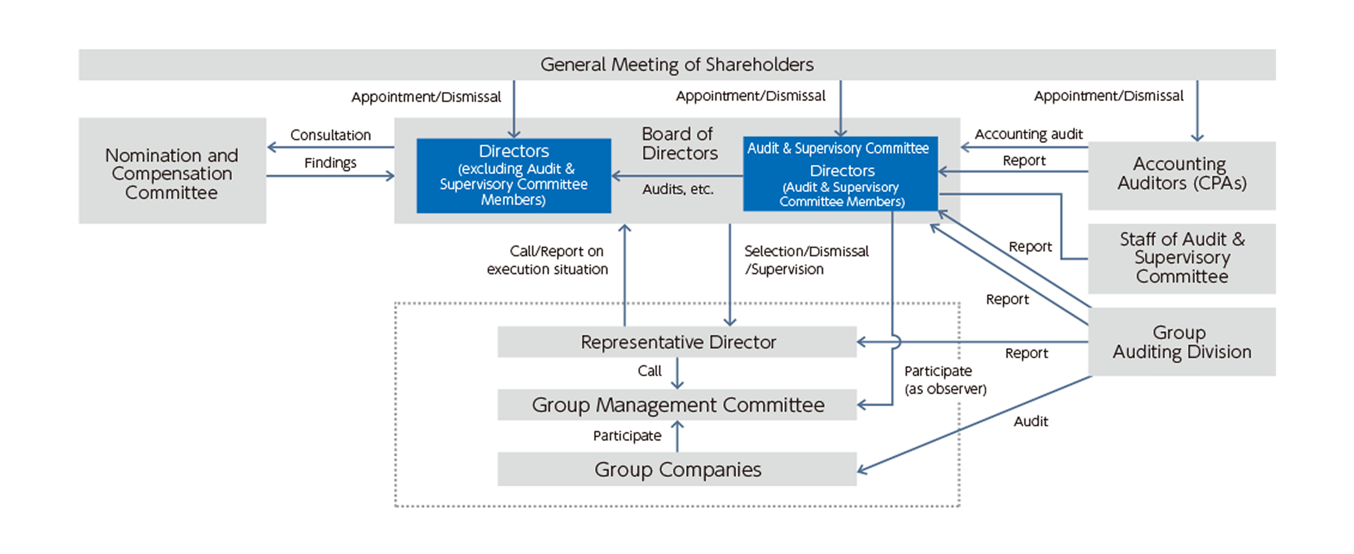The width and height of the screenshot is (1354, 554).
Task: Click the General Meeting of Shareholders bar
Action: pyautogui.click(x=677, y=64)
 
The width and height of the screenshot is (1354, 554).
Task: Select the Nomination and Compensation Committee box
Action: pyautogui.click(x=172, y=172)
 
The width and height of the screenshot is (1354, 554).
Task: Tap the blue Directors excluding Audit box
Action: pyautogui.click(x=513, y=175)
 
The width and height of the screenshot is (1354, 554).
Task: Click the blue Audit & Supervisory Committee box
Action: pyautogui.click(x=841, y=174)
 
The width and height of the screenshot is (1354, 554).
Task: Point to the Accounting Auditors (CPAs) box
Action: pyautogui.click(x=1181, y=174)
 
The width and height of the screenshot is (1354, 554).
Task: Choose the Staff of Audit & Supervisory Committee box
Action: pyautogui.click(x=1181, y=258)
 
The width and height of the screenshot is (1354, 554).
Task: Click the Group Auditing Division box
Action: pyautogui.click(x=1181, y=342)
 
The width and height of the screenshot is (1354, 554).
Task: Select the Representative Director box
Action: pyautogui.click(x=677, y=342)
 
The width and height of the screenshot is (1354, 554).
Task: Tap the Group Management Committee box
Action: pyautogui.click(x=677, y=404)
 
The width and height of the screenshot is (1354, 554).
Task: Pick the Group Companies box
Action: pyautogui.click(x=677, y=469)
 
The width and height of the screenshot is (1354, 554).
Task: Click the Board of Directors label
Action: pyautogui.click(x=679, y=143)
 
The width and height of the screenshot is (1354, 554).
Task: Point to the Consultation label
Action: pyautogui.click(x=331, y=135)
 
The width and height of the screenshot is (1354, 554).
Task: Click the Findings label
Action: pyautogui.click(x=331, y=163)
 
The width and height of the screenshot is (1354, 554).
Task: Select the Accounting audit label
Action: pyautogui.click(x=1028, y=134)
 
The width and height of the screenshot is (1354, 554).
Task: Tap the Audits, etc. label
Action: pyautogui.click(x=678, y=190)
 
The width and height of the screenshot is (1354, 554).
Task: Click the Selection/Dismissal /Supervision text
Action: pyautogui.click(x=806, y=260)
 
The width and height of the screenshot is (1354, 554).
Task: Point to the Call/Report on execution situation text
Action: pyautogui.click(x=547, y=260)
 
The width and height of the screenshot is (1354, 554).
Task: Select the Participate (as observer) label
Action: pyautogui.click(x=945, y=380)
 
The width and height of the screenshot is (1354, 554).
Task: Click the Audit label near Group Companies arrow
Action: pyautogui.click(x=1030, y=421)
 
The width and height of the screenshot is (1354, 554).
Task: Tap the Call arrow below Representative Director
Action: pyautogui.click(x=677, y=373)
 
